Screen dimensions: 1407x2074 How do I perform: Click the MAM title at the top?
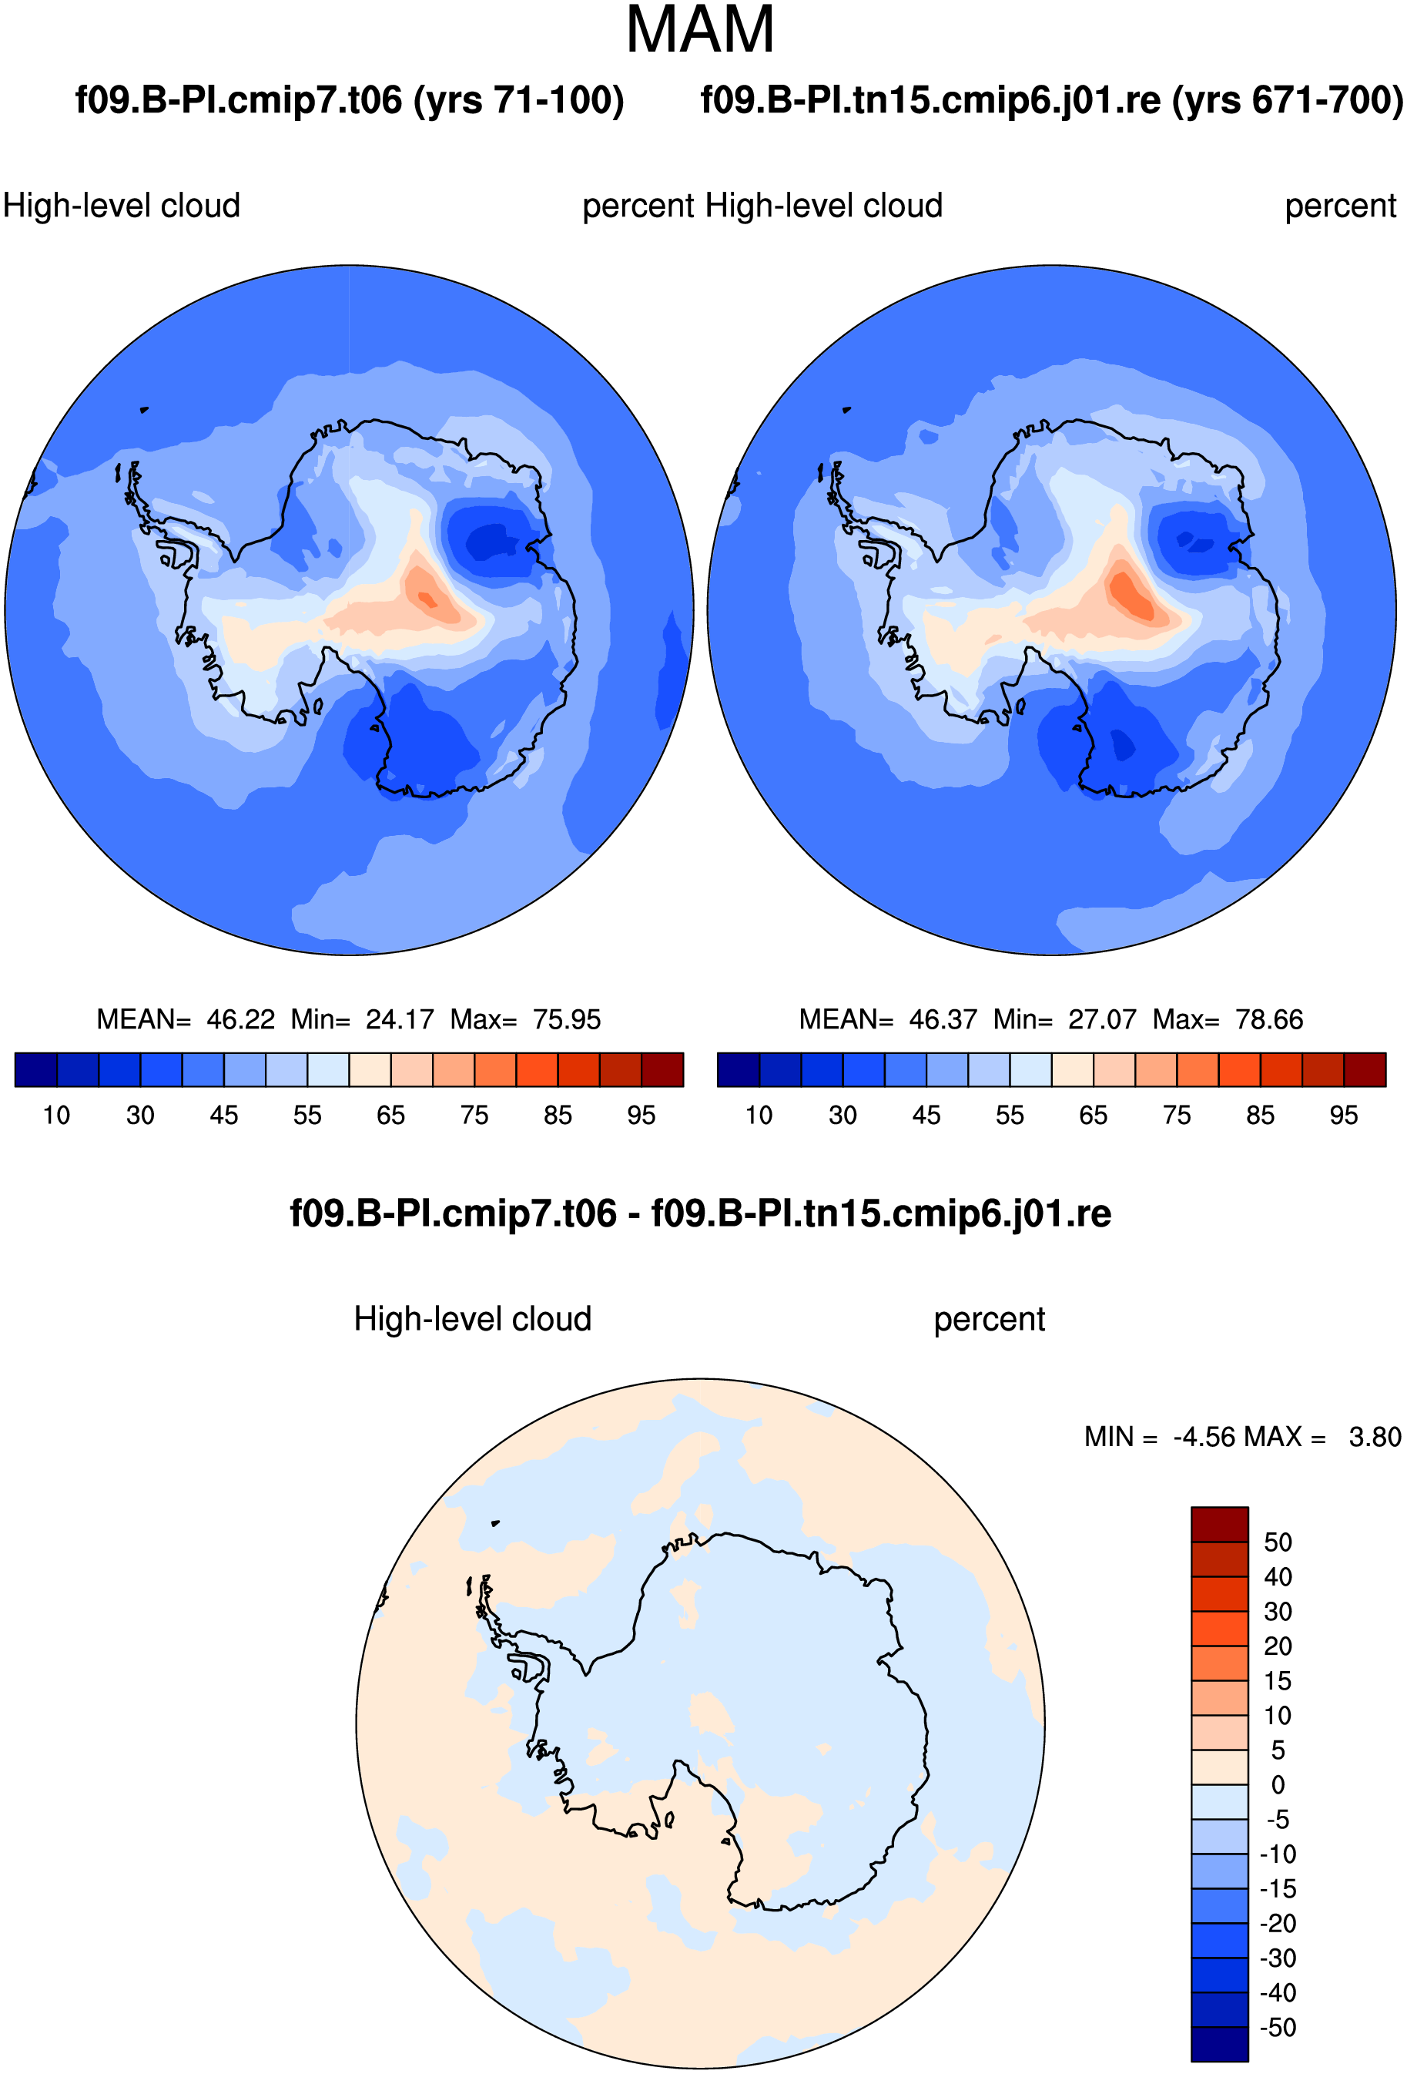pyautogui.click(x=700, y=29)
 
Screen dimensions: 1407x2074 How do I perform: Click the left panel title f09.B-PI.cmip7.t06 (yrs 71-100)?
pyautogui.click(x=349, y=100)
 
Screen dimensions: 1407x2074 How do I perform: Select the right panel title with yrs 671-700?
pyautogui.click(x=1052, y=100)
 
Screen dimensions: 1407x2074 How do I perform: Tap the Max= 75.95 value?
pyautogui.click(x=525, y=1019)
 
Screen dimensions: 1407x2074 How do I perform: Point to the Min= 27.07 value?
pyautogui.click(x=1065, y=1019)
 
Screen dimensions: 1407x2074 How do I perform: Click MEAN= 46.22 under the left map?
pyautogui.click(x=186, y=1019)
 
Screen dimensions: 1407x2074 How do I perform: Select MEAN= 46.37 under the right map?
pyautogui.click(x=888, y=1019)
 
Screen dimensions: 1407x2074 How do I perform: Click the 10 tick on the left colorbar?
pyautogui.click(x=56, y=1116)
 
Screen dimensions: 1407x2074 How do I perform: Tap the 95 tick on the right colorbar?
pyautogui.click(x=1344, y=1116)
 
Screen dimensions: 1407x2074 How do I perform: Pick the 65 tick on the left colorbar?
pyautogui.click(x=390, y=1116)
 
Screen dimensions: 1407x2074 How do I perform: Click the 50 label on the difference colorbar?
pyautogui.click(x=1278, y=1542)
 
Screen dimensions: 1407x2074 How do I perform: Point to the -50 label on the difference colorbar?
pyautogui.click(x=1278, y=2027)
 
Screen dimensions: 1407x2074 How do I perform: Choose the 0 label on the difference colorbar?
pyautogui.click(x=1278, y=1785)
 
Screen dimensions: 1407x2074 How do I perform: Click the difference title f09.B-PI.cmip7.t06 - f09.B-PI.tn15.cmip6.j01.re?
pyautogui.click(x=700, y=1213)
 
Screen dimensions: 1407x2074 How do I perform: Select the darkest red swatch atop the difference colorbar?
pyautogui.click(x=1220, y=1523)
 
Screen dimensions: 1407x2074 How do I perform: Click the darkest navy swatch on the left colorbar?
pyautogui.click(x=35, y=1069)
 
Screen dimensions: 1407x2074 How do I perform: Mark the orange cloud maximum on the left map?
pyautogui.click(x=427, y=598)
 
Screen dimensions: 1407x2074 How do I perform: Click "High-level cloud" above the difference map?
pyautogui.click(x=473, y=1319)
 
